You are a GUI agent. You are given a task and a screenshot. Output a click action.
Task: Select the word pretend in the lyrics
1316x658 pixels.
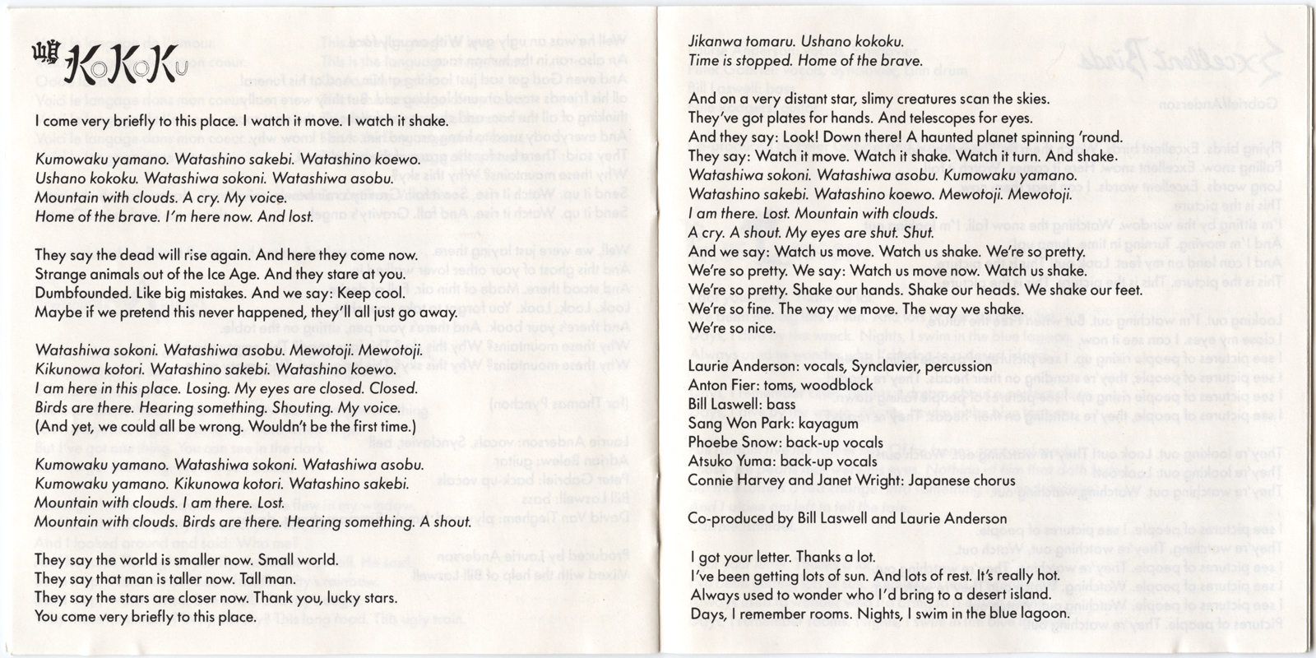tap(127, 312)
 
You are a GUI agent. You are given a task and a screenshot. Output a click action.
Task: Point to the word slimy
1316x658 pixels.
tap(855, 99)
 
